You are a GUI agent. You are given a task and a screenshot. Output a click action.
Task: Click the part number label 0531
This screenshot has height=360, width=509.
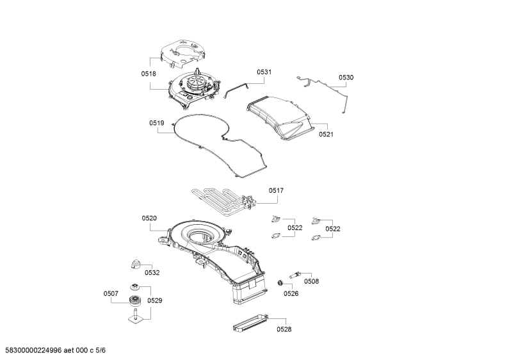click(264, 72)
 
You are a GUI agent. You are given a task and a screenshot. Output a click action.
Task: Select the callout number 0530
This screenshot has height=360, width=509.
click(346, 78)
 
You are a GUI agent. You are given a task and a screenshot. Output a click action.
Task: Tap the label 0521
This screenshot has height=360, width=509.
click(326, 134)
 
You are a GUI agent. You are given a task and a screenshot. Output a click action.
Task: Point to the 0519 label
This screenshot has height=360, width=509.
click(156, 123)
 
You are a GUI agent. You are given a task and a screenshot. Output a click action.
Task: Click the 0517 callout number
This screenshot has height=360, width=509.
click(276, 190)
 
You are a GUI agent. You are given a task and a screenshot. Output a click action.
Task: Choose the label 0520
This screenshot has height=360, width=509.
click(149, 218)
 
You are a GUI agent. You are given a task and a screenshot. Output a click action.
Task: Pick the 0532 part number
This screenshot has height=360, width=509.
click(152, 273)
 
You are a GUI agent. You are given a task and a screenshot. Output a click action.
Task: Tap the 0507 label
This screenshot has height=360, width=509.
click(111, 293)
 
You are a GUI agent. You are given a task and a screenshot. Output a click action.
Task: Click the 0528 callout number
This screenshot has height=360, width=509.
click(284, 329)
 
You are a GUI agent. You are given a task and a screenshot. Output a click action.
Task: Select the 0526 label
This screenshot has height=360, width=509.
click(291, 293)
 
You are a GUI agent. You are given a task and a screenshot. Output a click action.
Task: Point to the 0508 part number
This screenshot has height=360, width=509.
click(311, 281)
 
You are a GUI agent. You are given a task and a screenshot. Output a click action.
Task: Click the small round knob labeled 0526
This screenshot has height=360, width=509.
click(279, 283)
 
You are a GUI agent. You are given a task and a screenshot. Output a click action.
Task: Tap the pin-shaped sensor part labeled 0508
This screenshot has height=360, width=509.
click(295, 275)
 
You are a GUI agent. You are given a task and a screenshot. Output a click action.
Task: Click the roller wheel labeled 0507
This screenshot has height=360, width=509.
click(134, 300)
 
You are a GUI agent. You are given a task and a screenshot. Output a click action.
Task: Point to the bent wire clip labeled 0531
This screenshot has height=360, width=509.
click(236, 89)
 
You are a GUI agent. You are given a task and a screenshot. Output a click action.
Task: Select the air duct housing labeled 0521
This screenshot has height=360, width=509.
click(280, 117)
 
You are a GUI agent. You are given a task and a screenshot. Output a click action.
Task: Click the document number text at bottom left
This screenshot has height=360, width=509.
click(55, 350)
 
